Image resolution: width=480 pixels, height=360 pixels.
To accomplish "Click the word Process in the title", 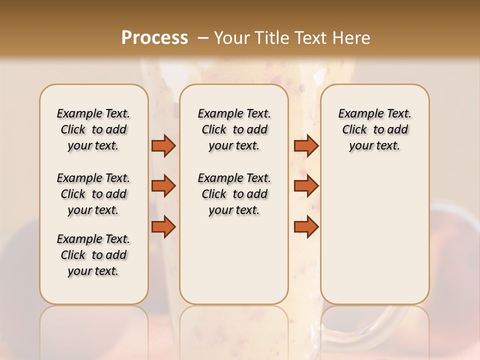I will click(x=154, y=37).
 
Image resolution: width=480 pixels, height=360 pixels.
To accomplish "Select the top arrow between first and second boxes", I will click(x=163, y=145).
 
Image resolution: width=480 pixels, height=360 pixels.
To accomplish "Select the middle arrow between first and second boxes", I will click(x=163, y=186).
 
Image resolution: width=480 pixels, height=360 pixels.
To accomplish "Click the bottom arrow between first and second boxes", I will click(x=163, y=227).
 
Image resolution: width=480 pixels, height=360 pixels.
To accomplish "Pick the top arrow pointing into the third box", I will click(x=306, y=145).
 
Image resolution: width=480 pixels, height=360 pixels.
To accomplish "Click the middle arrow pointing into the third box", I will click(x=306, y=186).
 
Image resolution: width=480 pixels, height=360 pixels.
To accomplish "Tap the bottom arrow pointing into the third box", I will click(x=306, y=227).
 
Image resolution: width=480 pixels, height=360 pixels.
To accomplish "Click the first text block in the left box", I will click(x=93, y=129).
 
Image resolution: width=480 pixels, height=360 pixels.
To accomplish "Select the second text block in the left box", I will click(x=93, y=194).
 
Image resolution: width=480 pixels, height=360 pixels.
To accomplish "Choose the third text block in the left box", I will click(x=93, y=255).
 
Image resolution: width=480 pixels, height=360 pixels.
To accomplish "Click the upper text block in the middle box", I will click(x=234, y=129).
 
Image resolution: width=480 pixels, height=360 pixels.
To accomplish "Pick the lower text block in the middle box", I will click(x=234, y=194).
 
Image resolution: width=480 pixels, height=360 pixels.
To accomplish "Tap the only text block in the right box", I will click(x=374, y=129).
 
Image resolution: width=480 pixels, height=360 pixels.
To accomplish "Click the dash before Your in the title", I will click(x=203, y=38).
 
